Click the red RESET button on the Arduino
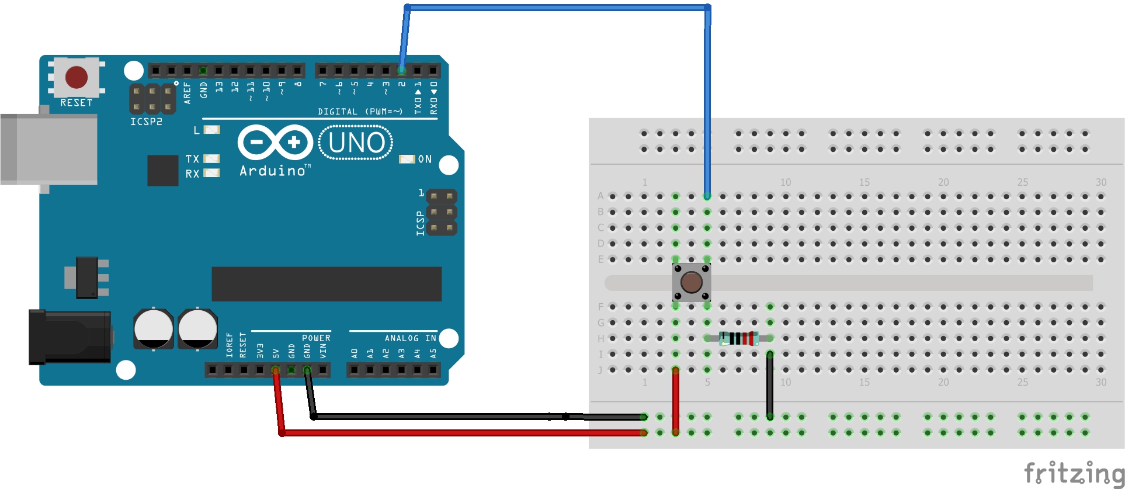point(77,77)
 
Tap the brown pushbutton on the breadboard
point(692,282)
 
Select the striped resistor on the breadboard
point(739,338)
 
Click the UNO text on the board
point(356,143)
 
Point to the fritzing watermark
point(1074,473)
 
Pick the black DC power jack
point(70,337)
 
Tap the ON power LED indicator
point(407,159)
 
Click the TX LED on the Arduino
point(211,158)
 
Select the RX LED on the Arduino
point(211,173)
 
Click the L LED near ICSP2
point(211,130)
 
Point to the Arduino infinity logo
point(275,142)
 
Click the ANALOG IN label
point(410,338)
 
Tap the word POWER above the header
point(316,338)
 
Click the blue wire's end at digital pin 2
point(402,71)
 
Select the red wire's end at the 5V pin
point(275,370)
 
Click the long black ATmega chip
point(327,284)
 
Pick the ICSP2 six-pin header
point(152,99)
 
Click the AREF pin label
point(187,93)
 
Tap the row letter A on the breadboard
point(600,196)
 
